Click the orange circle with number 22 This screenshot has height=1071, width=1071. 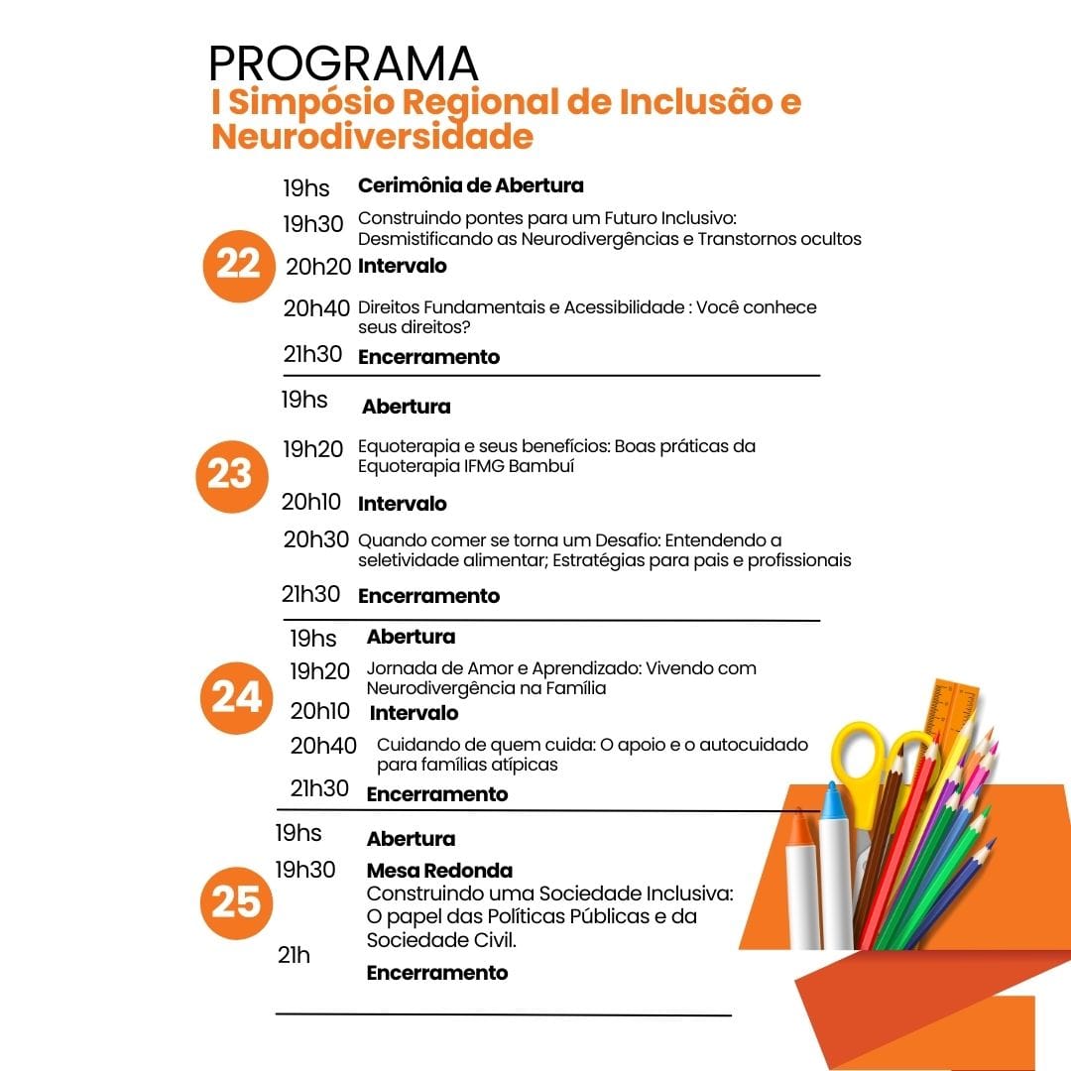[x=237, y=265]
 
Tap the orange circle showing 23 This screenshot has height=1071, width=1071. [x=230, y=475]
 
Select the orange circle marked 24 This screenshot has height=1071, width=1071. [x=236, y=698]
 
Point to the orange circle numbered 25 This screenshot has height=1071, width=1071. [x=236, y=902]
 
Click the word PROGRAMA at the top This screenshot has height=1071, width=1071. [x=343, y=64]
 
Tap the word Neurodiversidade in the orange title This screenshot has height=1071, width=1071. [x=372, y=136]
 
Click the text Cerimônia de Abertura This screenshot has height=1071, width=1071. [x=470, y=185]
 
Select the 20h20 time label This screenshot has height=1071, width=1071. [x=318, y=266]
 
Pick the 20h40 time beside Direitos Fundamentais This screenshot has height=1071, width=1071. [x=316, y=308]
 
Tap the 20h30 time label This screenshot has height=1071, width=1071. [x=315, y=540]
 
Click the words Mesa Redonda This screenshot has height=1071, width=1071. [x=439, y=871]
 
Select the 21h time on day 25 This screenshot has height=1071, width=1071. [x=294, y=955]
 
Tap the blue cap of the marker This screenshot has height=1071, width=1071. [x=832, y=801]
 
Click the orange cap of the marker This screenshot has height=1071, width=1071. [x=799, y=828]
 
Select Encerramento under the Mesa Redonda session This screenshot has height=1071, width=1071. [x=437, y=973]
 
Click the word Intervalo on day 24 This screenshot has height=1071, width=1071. [x=414, y=713]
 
